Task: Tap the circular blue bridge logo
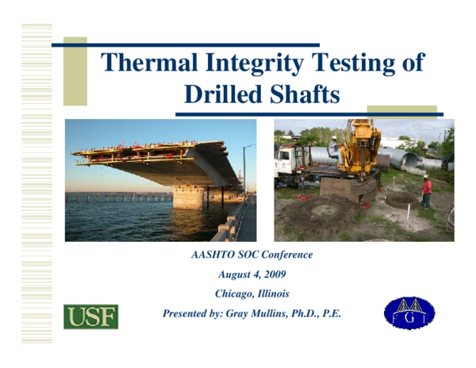[409, 316]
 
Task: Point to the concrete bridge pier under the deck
[188, 197]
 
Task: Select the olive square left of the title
[75, 71]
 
